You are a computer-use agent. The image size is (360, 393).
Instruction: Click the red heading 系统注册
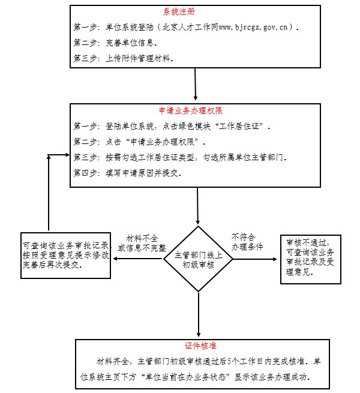[178, 12]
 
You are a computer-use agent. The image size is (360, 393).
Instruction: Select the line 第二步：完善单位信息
[115, 43]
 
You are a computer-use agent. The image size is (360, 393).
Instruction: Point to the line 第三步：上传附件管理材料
[124, 59]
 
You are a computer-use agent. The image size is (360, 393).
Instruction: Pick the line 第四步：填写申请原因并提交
[127, 173]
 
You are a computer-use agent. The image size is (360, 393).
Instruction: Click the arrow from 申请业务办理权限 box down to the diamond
[198, 208]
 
